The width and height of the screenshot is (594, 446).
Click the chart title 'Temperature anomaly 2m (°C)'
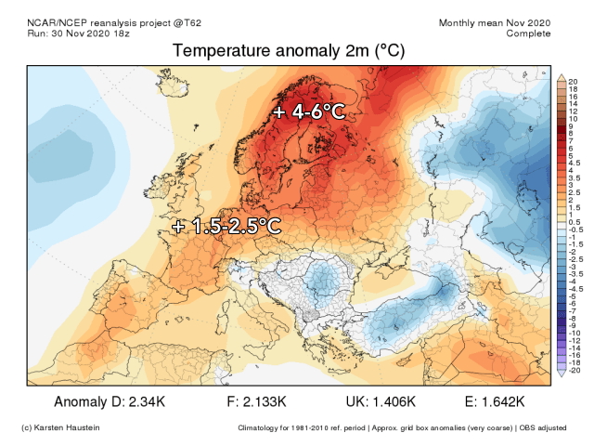(x=294, y=52)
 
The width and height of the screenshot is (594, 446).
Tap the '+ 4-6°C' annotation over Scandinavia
(x=310, y=112)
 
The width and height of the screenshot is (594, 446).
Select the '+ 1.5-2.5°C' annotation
(x=226, y=225)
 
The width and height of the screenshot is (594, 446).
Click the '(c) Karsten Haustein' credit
(x=60, y=427)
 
